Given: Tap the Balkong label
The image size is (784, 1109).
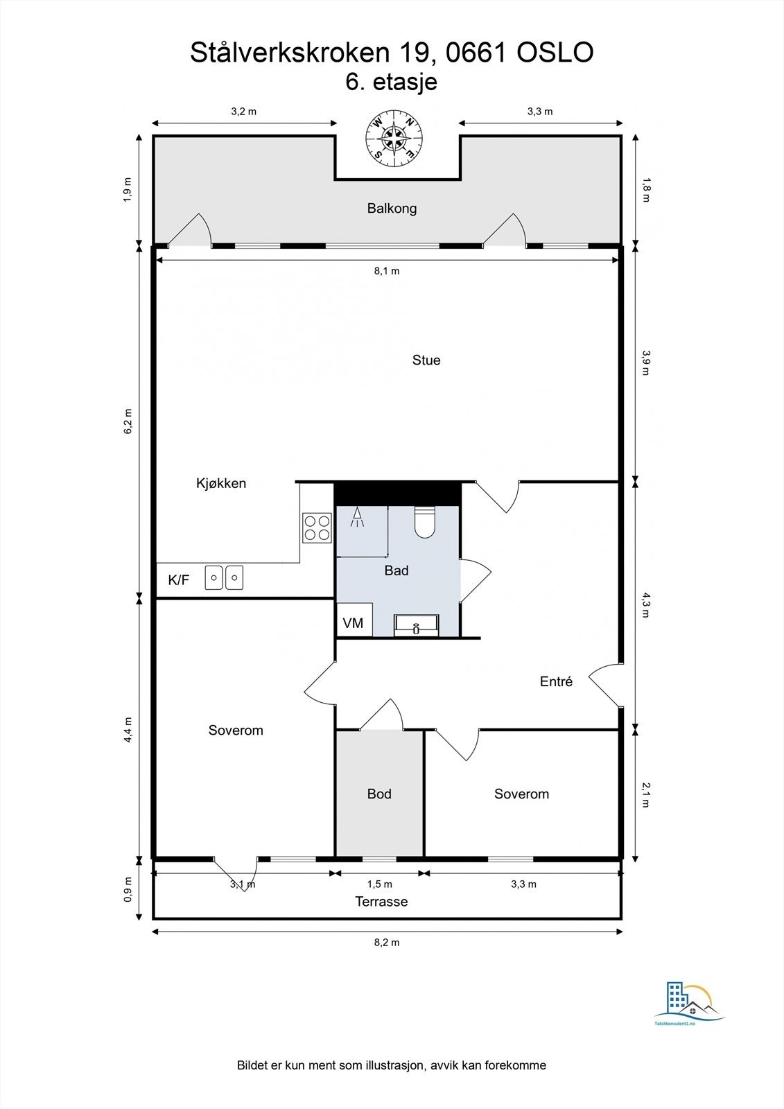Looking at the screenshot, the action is tap(392, 209).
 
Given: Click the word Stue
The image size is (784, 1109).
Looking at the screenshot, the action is tap(426, 360).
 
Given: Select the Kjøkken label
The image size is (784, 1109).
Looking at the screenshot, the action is tap(221, 483).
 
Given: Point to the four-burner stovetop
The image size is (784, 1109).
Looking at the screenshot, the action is tap(317, 527).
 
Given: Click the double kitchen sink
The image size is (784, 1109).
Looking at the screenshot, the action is tap(224, 578).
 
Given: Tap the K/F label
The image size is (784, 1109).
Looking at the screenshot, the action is tap(179, 579).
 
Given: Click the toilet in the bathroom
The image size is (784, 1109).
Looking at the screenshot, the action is tap(424, 523).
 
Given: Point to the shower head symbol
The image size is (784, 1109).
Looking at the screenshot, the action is tap(356, 517).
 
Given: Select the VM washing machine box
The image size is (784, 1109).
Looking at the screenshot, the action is tap(355, 620).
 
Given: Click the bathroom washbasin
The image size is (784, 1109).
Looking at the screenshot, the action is tap(416, 625).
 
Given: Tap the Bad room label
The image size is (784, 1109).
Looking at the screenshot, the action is tap(397, 571).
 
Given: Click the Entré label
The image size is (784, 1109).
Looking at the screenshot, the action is tap(556, 682).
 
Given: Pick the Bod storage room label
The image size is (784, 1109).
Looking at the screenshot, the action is tap(379, 794).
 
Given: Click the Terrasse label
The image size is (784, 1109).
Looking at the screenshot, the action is tap(381, 902).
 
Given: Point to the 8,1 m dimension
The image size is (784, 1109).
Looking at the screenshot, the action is tap(386, 271).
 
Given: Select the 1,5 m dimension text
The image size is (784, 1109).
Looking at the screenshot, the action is tap(379, 884).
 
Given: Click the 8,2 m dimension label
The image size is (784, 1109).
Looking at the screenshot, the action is tap(386, 942).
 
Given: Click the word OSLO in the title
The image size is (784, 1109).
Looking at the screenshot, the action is tap(555, 53).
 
